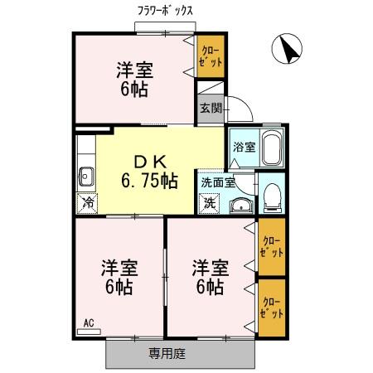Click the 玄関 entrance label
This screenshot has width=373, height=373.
coord(211,107)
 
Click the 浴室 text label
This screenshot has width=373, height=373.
coord(245,147)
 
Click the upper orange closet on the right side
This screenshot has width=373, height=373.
coord(272,246)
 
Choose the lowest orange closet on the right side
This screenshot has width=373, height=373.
coord(272,308)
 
